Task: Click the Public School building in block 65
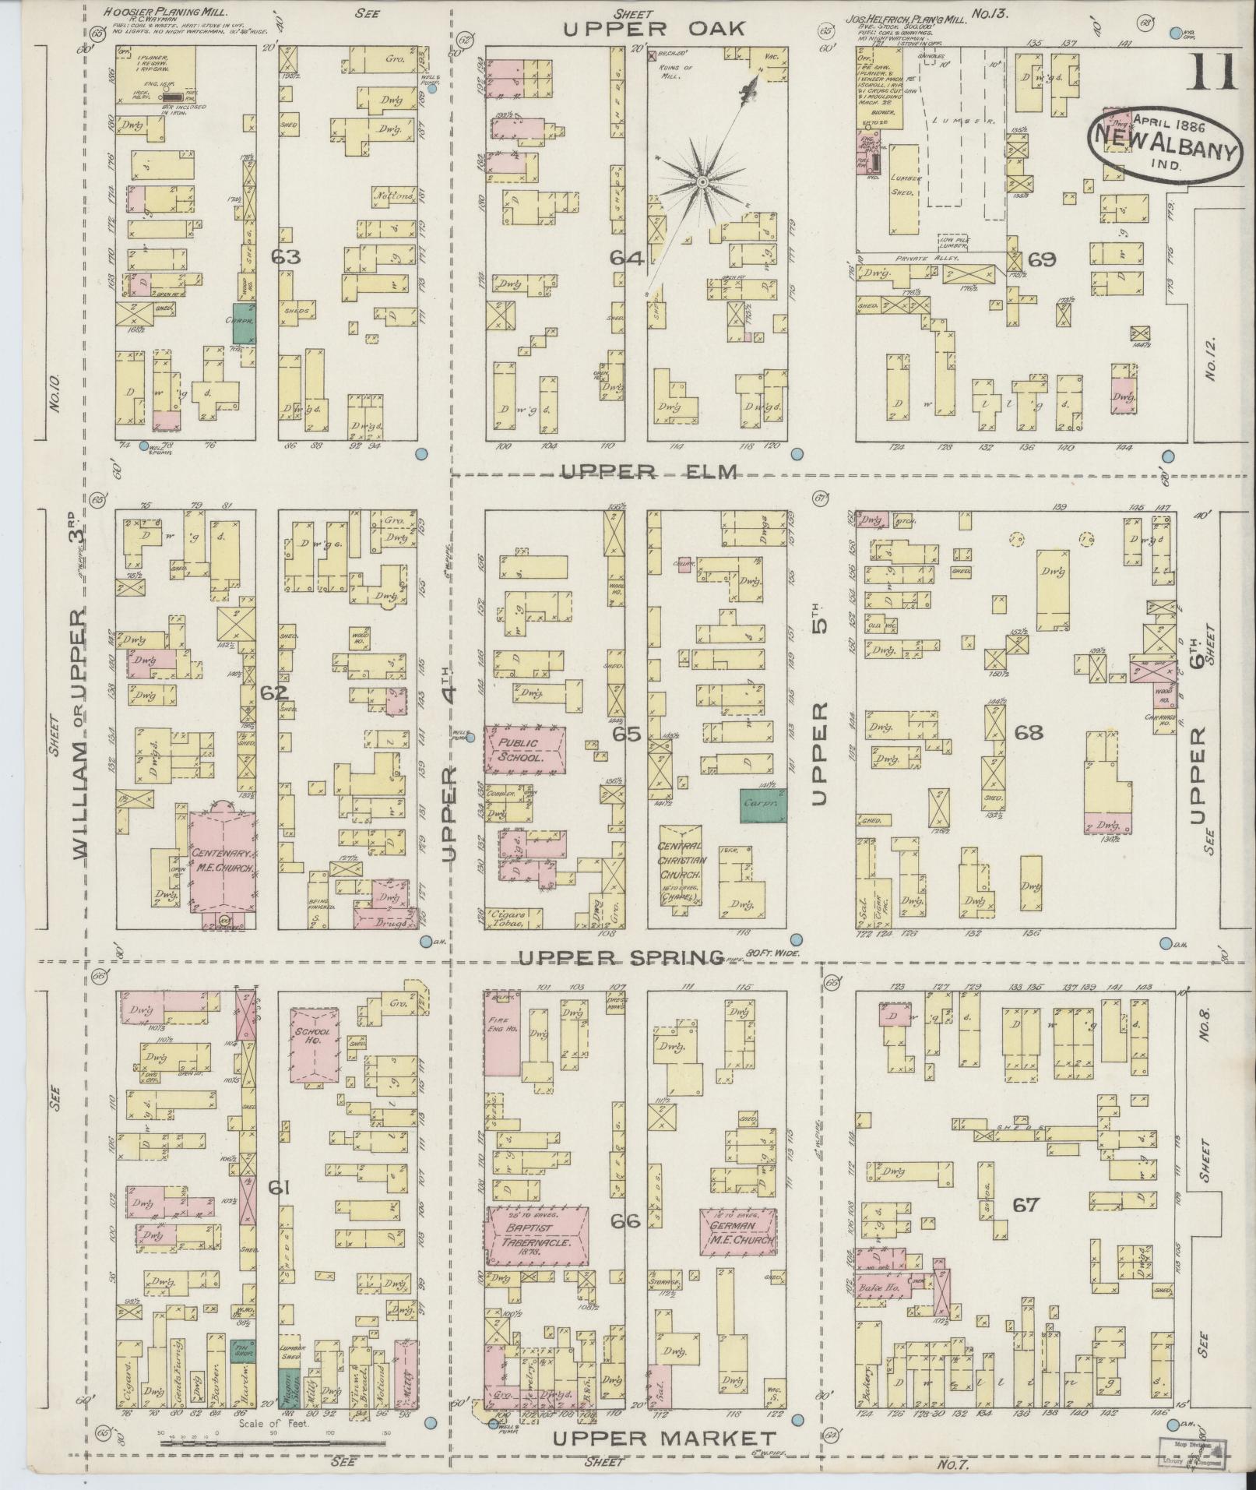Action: coord(524,749)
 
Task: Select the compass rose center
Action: coord(702,181)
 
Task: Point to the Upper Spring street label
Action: coord(621,957)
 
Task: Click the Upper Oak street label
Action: coord(654,29)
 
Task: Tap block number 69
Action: coord(1041,259)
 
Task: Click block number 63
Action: coord(286,256)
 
